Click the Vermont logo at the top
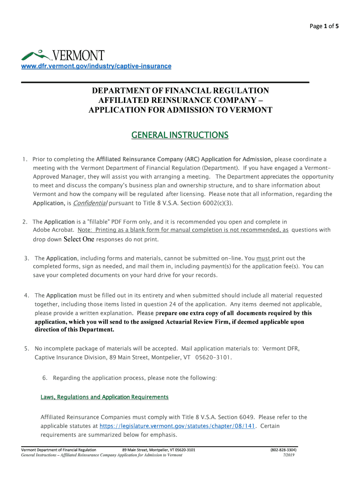[x=63, y=55]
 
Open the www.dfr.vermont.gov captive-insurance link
[x=96, y=66]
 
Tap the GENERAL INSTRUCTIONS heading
[x=180, y=135]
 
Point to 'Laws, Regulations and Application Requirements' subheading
[x=104, y=397]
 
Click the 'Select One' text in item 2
[x=79, y=239]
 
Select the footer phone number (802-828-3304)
[x=283, y=450]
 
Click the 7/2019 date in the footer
[x=289, y=455]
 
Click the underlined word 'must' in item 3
[x=264, y=258]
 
